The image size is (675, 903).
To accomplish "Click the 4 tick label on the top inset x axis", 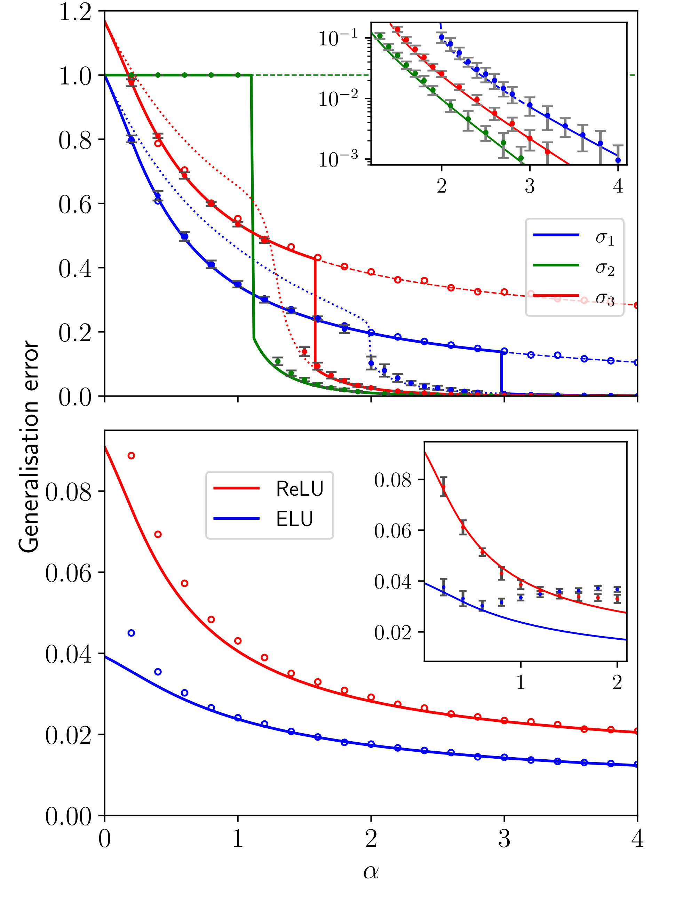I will [618, 186].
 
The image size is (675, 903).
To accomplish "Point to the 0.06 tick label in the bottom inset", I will [393, 531].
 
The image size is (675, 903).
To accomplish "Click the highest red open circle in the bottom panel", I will [131, 456].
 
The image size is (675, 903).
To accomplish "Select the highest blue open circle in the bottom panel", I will [131, 633].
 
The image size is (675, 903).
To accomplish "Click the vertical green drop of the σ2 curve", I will [252, 204].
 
